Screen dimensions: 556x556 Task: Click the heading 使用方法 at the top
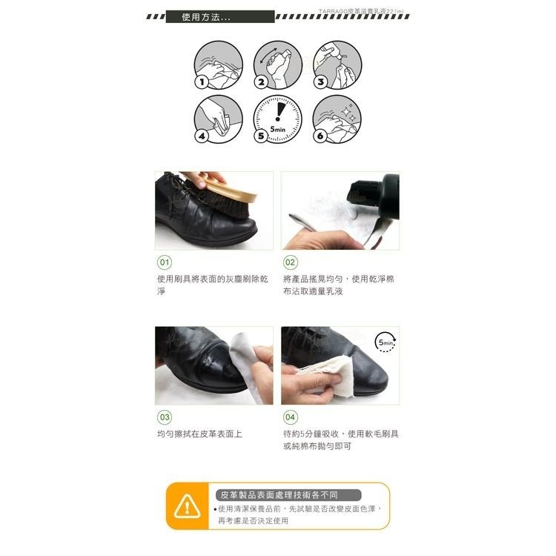pyautogui.click(x=205, y=17)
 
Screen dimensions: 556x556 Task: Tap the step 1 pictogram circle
pyautogui.click(x=218, y=65)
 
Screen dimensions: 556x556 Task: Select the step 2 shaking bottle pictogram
pyautogui.click(x=277, y=65)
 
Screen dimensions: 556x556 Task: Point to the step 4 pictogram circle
pyautogui.click(x=218, y=119)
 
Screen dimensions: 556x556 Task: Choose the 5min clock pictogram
pyautogui.click(x=277, y=119)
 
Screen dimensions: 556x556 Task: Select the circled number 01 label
pyautogui.click(x=164, y=262)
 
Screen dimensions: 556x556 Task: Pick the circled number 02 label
pyautogui.click(x=290, y=262)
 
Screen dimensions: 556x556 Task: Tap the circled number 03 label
pyautogui.click(x=164, y=417)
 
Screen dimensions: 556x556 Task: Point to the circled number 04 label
pyautogui.click(x=290, y=417)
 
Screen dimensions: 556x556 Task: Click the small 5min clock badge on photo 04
pyautogui.click(x=386, y=342)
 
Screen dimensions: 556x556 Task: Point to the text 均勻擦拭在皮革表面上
pyautogui.click(x=199, y=434)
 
